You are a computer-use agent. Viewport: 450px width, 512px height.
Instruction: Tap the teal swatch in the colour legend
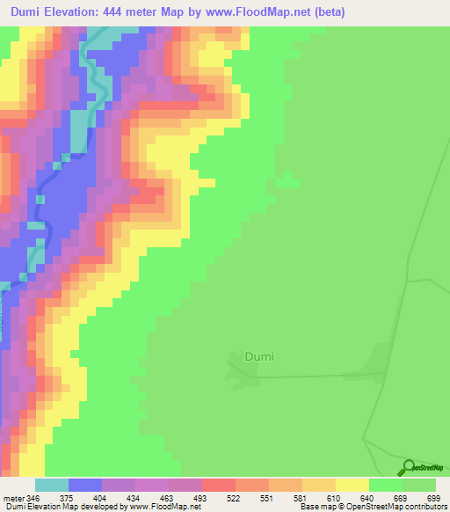coord(52,485)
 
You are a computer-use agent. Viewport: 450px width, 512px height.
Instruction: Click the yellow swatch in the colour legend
coord(352,485)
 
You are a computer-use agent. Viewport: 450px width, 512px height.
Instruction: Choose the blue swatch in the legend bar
coord(85,485)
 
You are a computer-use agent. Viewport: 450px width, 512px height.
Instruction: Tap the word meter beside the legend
coord(12,497)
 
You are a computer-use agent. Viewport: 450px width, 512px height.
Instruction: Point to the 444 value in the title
coord(132,11)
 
